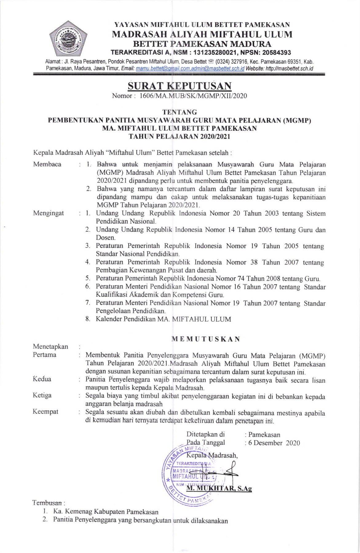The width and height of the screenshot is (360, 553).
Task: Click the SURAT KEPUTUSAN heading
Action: pos(180,85)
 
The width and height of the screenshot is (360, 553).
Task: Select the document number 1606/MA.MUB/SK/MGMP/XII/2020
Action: pos(193,96)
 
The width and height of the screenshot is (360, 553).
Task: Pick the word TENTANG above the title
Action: pos(180,112)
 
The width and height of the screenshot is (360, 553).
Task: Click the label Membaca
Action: pos(47,164)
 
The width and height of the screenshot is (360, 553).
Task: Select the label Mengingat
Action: pos(48,213)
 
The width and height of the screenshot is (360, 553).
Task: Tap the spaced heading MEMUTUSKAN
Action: pos(205,339)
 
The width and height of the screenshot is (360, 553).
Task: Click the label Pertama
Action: pos(45,355)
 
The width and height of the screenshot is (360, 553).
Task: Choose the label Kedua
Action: pos(42,379)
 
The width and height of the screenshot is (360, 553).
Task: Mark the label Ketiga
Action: pos(42,395)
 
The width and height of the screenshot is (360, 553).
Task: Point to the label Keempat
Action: pos(45,412)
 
